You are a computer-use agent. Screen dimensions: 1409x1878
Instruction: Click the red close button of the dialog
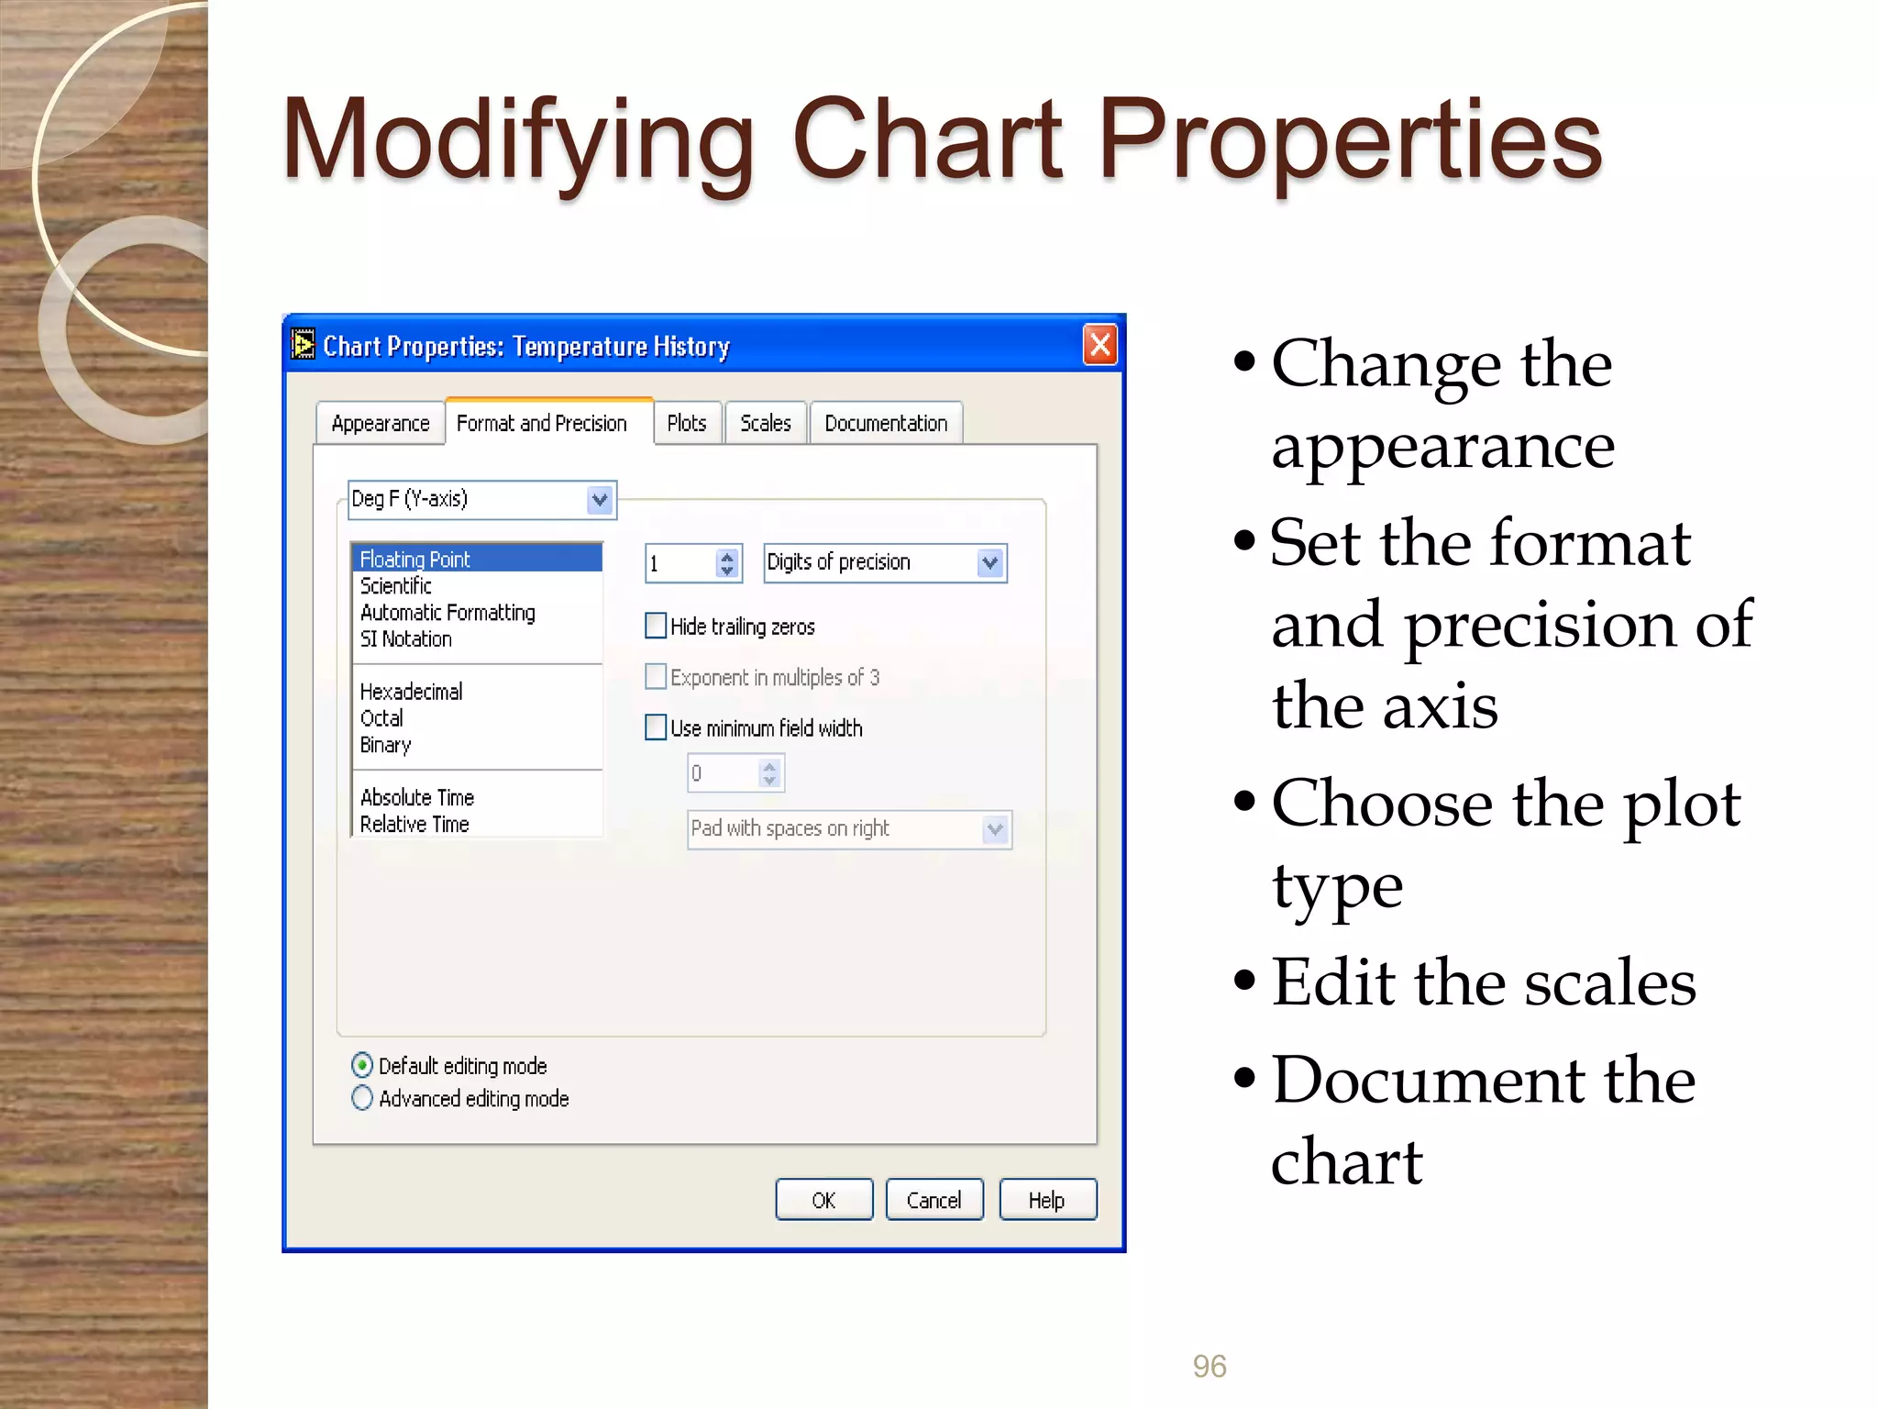[x=1099, y=345]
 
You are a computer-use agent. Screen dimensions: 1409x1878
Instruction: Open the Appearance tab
[x=381, y=424]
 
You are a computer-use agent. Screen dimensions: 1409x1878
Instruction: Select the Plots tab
[x=687, y=424]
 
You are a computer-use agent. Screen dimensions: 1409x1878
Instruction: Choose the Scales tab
[x=766, y=424]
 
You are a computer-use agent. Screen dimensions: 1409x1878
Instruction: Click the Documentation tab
[x=886, y=424]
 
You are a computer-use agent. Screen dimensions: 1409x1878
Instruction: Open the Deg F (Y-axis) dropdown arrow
[x=600, y=500]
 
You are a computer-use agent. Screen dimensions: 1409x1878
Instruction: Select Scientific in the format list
[x=396, y=586]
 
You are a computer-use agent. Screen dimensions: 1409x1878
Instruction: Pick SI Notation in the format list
[x=406, y=639]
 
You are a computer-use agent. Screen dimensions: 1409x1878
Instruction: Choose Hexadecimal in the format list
[x=412, y=692]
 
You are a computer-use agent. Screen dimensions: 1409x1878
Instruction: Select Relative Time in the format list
[x=414, y=825]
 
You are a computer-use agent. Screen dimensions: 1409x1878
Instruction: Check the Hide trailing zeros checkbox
[x=657, y=626]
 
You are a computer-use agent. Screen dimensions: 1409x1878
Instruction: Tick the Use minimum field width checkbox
[x=657, y=727]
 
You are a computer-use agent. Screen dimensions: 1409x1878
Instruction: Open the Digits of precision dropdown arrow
[x=990, y=562]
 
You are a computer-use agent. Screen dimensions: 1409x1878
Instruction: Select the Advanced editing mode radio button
[x=362, y=1098]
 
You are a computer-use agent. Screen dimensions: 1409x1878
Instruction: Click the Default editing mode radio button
[x=362, y=1065]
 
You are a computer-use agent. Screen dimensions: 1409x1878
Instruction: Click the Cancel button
[x=934, y=1200]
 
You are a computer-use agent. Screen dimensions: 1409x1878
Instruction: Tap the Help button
[x=1047, y=1200]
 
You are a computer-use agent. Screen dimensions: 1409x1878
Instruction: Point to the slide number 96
[x=1210, y=1367]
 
